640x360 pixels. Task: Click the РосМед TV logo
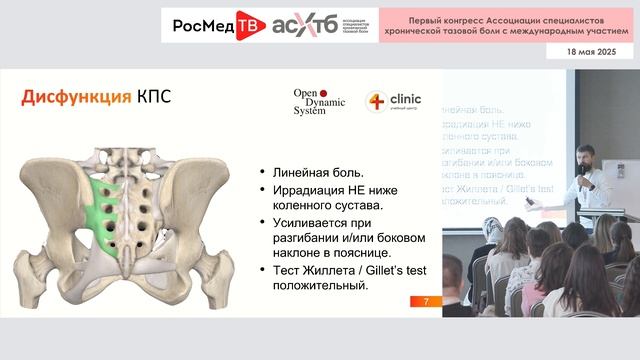coord(216,27)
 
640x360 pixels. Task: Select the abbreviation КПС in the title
coord(151,97)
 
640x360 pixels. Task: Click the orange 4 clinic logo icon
coord(376,101)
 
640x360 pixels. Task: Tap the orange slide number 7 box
coord(427,301)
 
